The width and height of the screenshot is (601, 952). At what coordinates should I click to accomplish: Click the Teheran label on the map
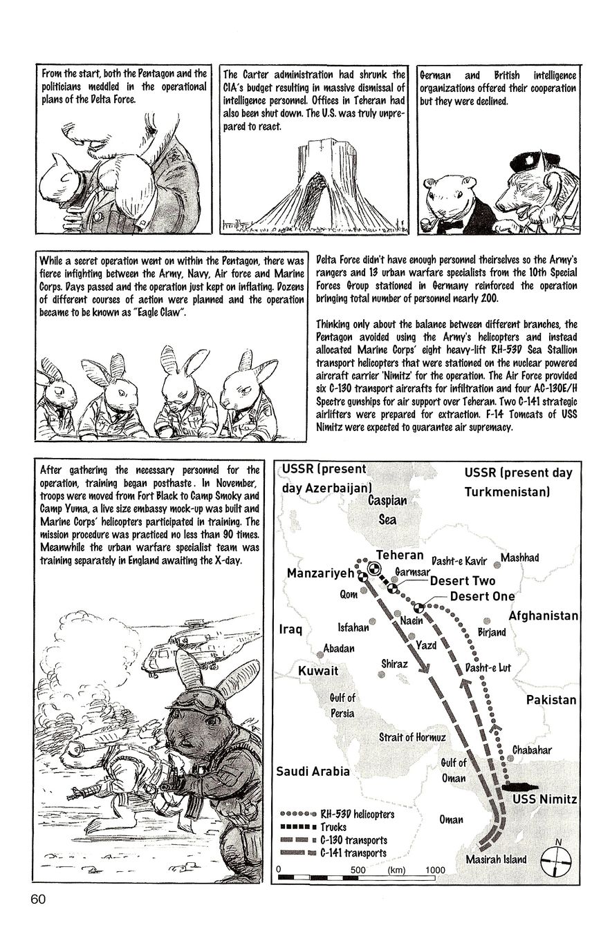tap(399, 555)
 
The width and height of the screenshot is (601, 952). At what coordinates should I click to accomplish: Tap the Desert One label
tap(482, 596)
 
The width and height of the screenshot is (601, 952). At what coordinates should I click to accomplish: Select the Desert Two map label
tap(462, 581)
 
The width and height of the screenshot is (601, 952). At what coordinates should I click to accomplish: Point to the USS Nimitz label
tap(544, 799)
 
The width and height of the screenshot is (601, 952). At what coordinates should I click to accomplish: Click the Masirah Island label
tap(496, 859)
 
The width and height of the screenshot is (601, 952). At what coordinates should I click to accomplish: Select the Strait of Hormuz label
tap(412, 737)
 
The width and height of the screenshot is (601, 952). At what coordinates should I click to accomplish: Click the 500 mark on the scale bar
tap(358, 870)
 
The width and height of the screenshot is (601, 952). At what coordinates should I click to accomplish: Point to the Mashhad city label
tap(519, 558)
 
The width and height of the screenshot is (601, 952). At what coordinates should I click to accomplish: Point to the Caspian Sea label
tap(387, 509)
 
